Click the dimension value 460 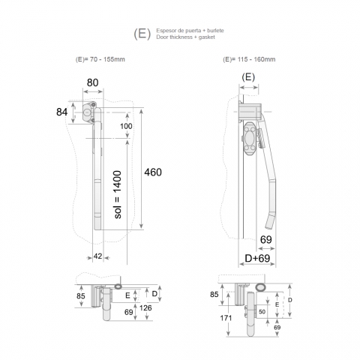(153, 172)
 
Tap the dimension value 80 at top (92, 82)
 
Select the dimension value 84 (61, 112)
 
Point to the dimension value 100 (126, 126)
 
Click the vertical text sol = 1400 (117, 195)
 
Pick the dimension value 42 (97, 256)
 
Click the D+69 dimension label (257, 258)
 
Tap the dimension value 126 (145, 307)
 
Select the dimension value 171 (226, 318)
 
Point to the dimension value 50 (262, 312)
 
